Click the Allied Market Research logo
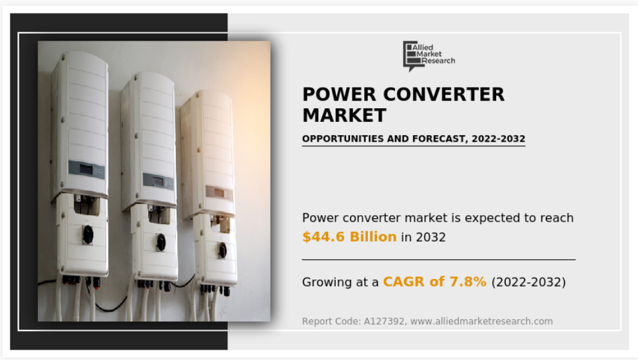[x=429, y=56]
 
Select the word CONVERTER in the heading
[x=443, y=95]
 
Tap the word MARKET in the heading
[x=344, y=115]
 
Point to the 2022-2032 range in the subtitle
[x=498, y=138]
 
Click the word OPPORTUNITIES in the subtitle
[x=343, y=138]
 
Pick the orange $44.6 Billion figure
[x=349, y=237]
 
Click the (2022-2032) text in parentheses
[x=528, y=282]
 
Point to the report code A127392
[x=383, y=321]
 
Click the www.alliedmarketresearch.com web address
[x=481, y=321]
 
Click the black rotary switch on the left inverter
[x=88, y=234]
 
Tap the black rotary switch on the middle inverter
[x=161, y=242]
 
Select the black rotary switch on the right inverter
[x=222, y=250]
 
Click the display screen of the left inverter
[x=86, y=169]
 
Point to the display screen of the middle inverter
[x=158, y=182]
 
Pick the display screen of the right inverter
[x=219, y=193]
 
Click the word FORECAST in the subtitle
[x=440, y=138]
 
